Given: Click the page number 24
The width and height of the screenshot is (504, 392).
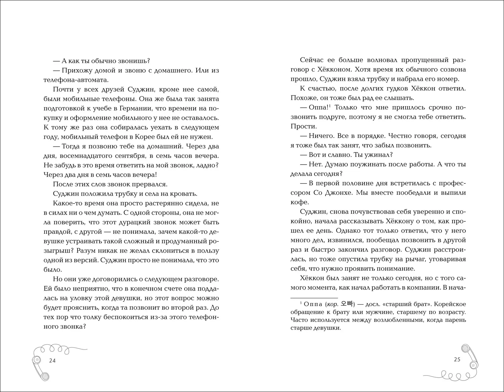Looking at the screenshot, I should [x=52, y=361].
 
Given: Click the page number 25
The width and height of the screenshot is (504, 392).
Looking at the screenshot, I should [x=457, y=359].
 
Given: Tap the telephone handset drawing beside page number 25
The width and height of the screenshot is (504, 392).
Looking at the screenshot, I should [x=468, y=356].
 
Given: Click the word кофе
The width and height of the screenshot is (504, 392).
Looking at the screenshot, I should [x=299, y=202].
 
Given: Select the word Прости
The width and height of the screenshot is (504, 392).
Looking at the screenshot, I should [x=303, y=126].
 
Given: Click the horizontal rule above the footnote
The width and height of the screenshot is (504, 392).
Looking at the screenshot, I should [x=314, y=298].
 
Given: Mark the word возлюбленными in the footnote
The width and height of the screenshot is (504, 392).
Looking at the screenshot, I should [x=393, y=320].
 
